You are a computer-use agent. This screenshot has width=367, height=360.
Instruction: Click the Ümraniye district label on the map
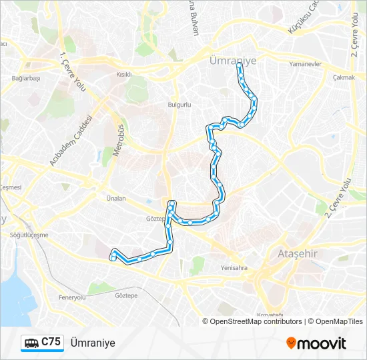pyautogui.click(x=233, y=61)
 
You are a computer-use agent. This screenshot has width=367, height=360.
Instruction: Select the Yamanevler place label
pyautogui.click(x=306, y=65)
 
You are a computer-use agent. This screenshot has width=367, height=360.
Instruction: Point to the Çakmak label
pyautogui.click(x=343, y=77)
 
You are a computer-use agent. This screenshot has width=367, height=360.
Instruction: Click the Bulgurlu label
pyautogui.click(x=180, y=105)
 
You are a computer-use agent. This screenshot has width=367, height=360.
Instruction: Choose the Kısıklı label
pyautogui.click(x=124, y=75)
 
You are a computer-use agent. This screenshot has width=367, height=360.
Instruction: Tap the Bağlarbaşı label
pyautogui.click(x=26, y=78)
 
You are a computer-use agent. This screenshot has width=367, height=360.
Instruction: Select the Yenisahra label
pyautogui.click(x=234, y=268)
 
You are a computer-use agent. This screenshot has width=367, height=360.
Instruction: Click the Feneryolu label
pyautogui.click(x=72, y=297)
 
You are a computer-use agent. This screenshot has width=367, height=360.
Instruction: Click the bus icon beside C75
pyautogui.click(x=31, y=343)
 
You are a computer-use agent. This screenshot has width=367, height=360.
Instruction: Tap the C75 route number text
pyautogui.click(x=51, y=342)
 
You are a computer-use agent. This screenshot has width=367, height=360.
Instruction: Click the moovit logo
pyautogui.click(x=316, y=343)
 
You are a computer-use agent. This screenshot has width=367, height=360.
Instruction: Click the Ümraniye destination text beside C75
pyautogui.click(x=93, y=343)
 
